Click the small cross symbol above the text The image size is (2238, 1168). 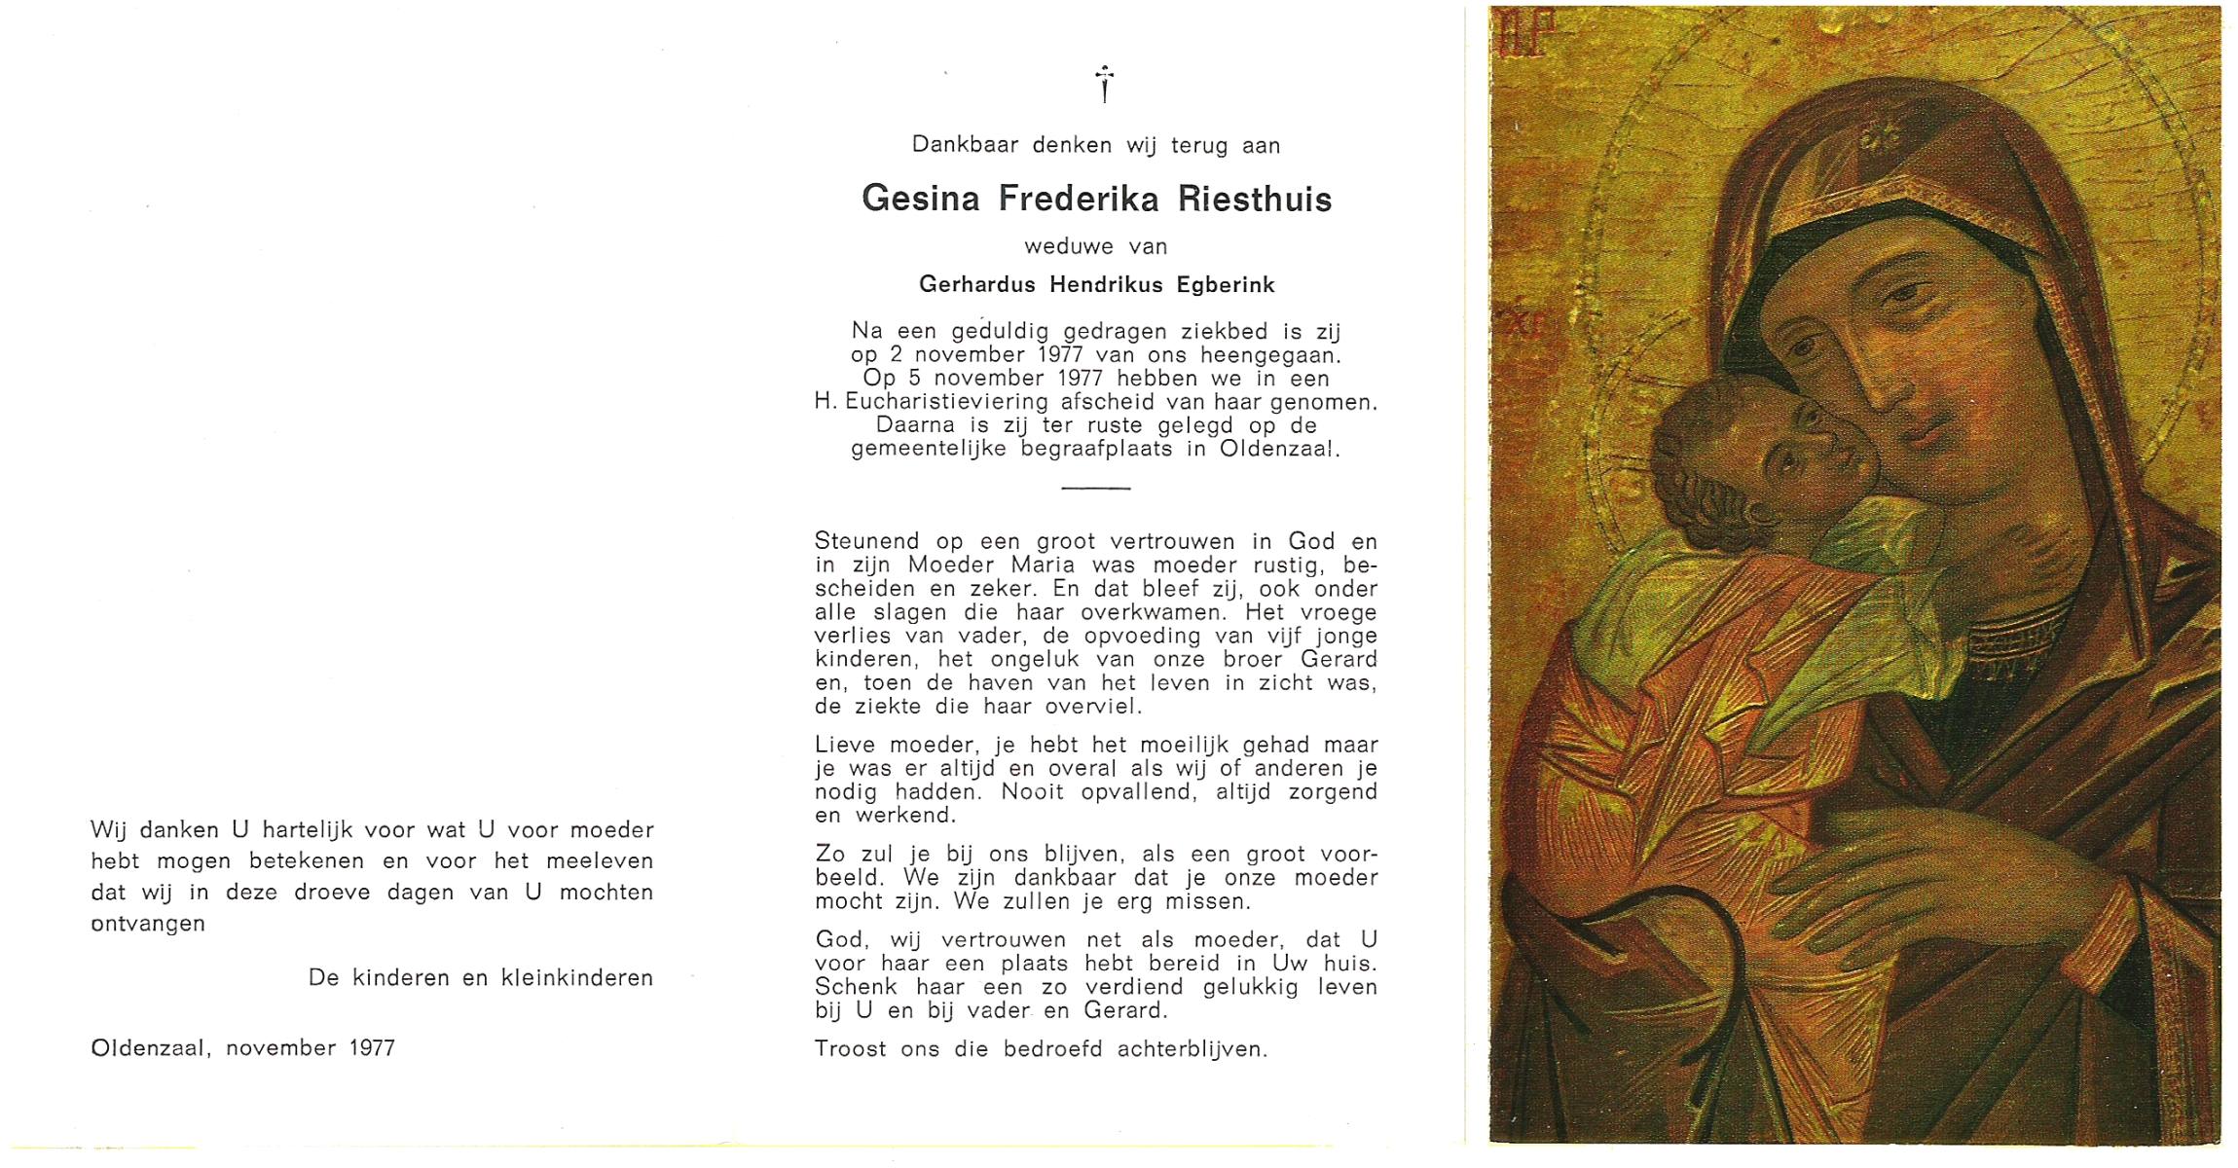pos(1104,83)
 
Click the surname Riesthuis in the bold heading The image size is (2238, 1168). pos(1255,200)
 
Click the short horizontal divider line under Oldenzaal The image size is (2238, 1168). pos(1095,488)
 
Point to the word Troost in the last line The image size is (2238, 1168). pos(850,1049)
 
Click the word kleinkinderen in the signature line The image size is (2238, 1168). pos(576,978)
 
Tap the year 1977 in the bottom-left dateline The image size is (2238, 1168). pos(367,1048)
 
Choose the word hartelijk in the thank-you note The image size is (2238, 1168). pos(306,830)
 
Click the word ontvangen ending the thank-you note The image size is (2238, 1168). pos(148,924)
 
